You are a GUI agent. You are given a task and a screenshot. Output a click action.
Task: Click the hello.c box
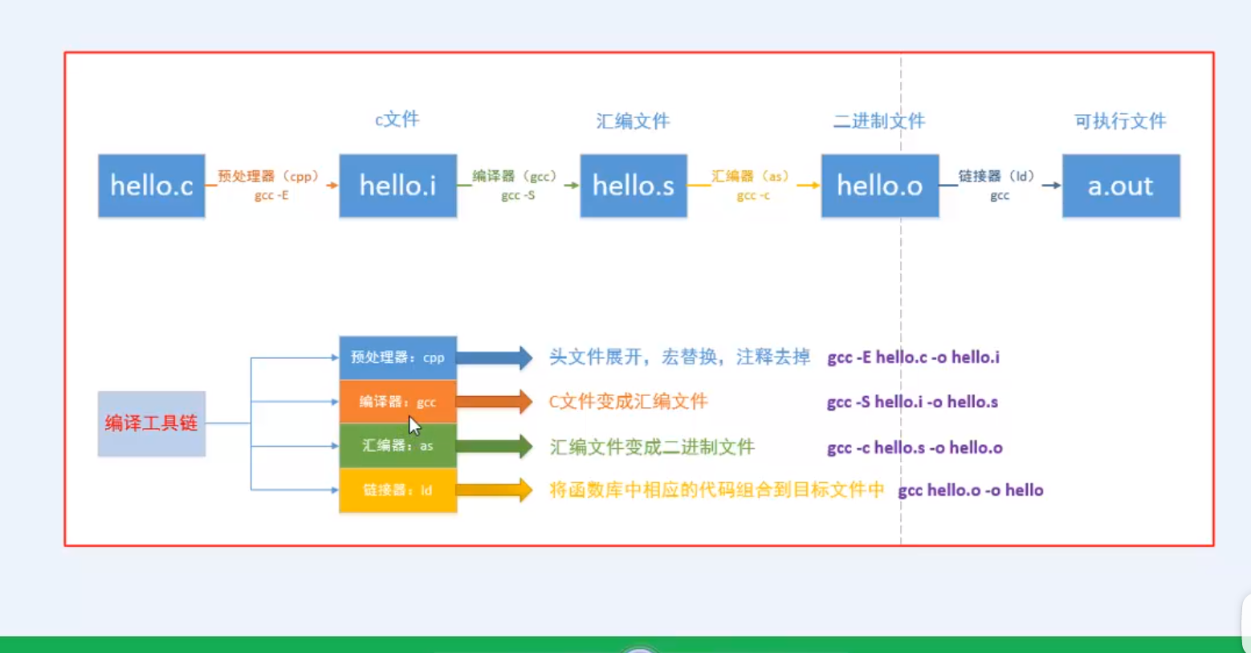(152, 186)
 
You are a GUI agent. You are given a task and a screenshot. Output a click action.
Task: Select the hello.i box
(397, 186)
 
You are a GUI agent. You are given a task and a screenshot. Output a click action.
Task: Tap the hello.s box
(634, 186)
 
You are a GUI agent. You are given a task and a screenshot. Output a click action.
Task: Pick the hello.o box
(879, 186)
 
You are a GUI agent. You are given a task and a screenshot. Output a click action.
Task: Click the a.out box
(1121, 186)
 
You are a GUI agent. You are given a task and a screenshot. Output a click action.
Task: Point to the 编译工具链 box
(152, 423)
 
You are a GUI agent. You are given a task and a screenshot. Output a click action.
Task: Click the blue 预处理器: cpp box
(397, 357)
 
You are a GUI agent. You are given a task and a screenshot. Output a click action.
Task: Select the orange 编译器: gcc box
(397, 402)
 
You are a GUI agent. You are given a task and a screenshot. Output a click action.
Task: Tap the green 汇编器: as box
(397, 446)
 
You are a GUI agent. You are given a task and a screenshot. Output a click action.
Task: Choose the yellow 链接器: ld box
(397, 490)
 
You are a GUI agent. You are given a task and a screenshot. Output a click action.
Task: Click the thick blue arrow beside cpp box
(494, 357)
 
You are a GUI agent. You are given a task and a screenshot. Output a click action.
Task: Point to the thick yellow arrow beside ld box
(494, 490)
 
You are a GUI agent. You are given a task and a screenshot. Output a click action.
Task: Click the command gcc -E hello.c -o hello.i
(913, 357)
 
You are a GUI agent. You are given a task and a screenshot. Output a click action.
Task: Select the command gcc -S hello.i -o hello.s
(912, 402)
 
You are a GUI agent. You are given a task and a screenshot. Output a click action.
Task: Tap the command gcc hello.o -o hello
(970, 490)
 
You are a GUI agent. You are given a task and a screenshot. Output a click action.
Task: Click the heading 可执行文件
(1120, 121)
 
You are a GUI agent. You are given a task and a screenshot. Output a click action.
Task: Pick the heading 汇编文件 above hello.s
(633, 121)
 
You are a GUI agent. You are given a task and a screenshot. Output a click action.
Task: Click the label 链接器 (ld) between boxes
(996, 176)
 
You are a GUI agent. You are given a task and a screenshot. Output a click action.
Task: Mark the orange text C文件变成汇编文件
(628, 402)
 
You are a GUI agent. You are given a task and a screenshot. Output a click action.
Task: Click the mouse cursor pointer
(414, 425)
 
